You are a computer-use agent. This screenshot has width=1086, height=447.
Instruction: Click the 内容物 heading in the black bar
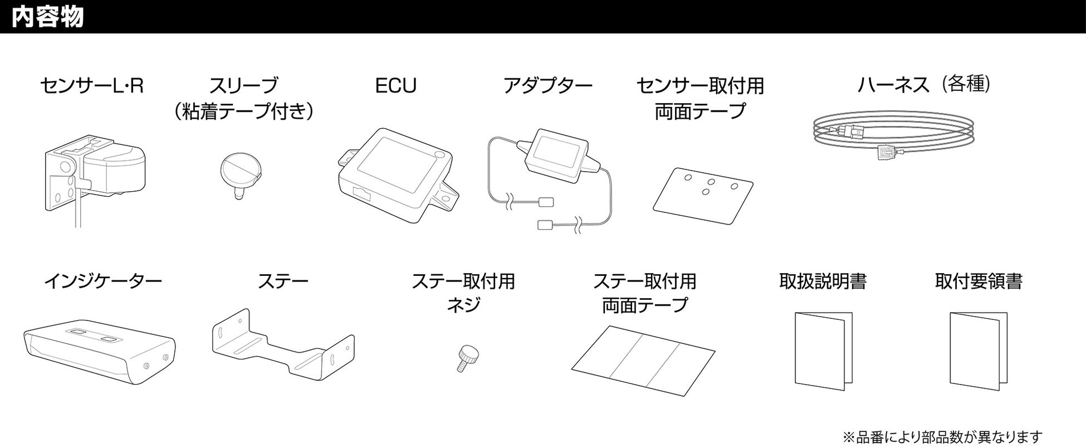(x=48, y=17)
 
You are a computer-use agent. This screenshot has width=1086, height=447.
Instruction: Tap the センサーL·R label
(x=92, y=86)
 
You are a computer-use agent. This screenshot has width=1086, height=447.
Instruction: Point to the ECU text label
(x=395, y=86)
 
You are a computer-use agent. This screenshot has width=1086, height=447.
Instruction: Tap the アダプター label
(x=547, y=86)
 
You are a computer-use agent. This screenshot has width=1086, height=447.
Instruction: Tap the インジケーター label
(x=103, y=281)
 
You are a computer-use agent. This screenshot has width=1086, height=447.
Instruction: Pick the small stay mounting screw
(x=469, y=357)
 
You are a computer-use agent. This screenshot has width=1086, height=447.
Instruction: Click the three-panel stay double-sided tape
(x=643, y=360)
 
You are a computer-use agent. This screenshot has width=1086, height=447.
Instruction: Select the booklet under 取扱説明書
(x=823, y=351)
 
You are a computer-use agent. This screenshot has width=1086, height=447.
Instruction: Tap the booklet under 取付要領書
(x=978, y=351)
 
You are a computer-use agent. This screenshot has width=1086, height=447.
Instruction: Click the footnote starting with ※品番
(x=942, y=437)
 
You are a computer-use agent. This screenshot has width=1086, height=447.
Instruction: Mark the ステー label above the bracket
(x=283, y=281)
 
